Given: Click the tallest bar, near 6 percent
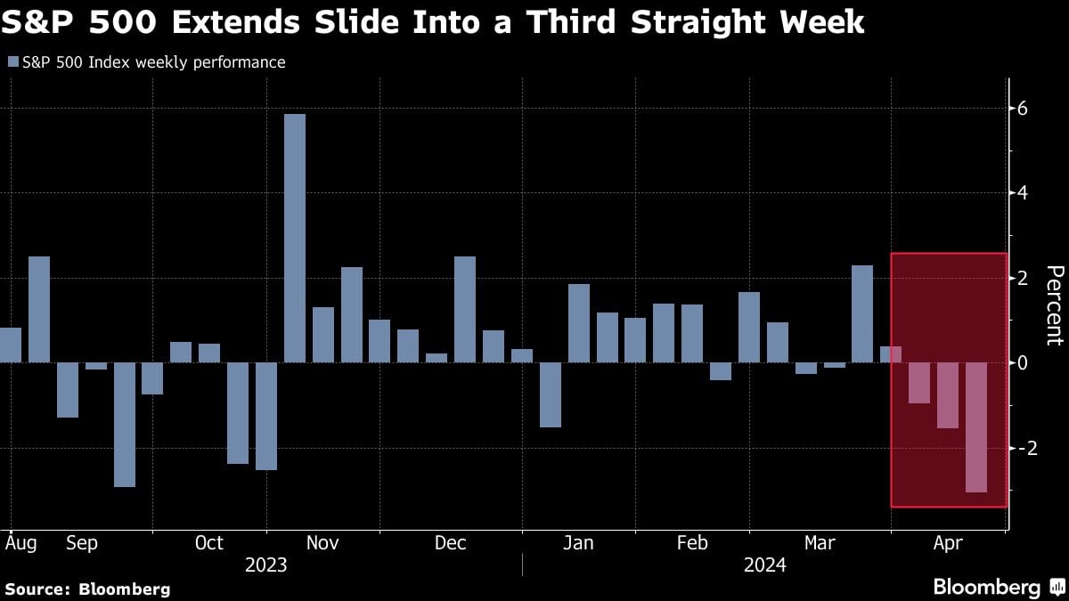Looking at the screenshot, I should coord(294,238).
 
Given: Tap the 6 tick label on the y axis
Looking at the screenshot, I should coord(1023,109).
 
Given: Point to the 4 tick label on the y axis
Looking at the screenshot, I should coord(1023,193).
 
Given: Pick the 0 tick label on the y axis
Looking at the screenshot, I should coord(1023,363).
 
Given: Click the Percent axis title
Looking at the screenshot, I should coord(1054,305).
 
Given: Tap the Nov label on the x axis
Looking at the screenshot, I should coord(322,543).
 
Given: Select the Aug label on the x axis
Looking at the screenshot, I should coord(20,542).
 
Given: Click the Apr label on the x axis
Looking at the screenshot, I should coord(948,543).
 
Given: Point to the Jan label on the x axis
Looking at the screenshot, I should coord(579,543).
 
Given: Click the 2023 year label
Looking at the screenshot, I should coord(265,564).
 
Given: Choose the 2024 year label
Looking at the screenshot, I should coord(764,564).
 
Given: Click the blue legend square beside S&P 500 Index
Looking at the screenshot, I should coord(12,62).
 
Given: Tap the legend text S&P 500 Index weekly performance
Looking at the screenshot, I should coord(153,62).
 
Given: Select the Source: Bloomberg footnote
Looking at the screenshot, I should coord(87,589).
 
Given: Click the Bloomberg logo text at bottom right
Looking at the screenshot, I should coord(986,587).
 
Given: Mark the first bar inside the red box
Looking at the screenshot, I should coord(919,383).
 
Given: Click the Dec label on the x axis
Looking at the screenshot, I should coord(451,543).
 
